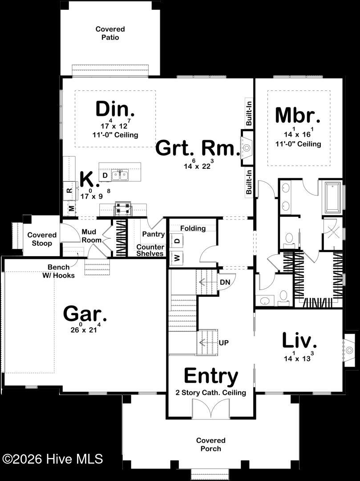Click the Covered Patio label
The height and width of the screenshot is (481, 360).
click(110, 33)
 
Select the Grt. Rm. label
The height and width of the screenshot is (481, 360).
click(197, 148)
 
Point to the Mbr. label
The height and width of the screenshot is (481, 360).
click(298, 115)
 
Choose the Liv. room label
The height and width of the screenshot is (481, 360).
click(299, 340)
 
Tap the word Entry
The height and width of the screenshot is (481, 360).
click(211, 376)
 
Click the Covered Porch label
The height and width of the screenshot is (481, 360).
click(211, 444)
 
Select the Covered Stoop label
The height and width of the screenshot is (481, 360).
click(42, 239)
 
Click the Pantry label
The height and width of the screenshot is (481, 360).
click(153, 234)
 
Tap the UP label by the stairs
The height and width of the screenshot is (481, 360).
click(224, 342)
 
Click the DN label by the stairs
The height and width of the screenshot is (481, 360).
click(225, 282)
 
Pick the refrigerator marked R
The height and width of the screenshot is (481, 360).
click(69, 191)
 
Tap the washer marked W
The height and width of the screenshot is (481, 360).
click(177, 257)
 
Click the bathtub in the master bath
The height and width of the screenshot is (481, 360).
click(333, 198)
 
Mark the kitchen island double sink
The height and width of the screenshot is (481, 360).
click(120, 175)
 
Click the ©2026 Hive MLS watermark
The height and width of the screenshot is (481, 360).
click(53, 459)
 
